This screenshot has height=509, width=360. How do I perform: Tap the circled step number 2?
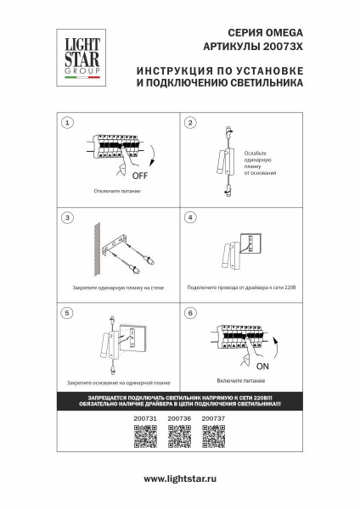coord(190,124)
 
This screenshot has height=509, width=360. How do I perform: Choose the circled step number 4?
coord(190,218)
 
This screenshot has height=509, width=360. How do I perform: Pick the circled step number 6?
coord(190,313)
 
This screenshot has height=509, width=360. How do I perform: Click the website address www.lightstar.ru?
coord(180,480)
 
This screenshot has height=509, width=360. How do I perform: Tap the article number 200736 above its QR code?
coord(179,419)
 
